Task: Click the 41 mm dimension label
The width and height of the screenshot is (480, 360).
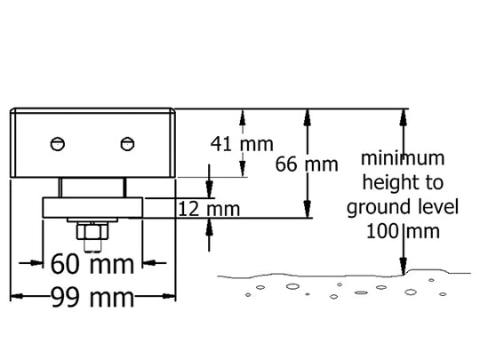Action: pyautogui.click(x=242, y=144)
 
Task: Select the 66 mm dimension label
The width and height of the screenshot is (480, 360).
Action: pyautogui.click(x=307, y=164)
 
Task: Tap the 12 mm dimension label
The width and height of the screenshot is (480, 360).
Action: pyautogui.click(x=209, y=209)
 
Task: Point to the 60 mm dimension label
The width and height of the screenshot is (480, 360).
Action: pyautogui.click(x=92, y=264)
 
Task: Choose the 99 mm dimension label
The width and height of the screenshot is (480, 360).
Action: pyautogui.click(x=92, y=297)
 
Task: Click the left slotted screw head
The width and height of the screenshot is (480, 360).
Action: pyautogui.click(x=58, y=144)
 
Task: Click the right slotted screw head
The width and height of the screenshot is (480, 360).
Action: pyautogui.click(x=127, y=144)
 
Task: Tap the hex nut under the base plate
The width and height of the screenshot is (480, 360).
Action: pyautogui.click(x=92, y=231)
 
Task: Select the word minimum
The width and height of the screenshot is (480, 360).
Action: pyautogui.click(x=403, y=158)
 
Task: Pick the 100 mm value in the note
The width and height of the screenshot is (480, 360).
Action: pyautogui.click(x=403, y=231)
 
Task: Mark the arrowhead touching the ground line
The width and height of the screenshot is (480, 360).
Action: pyautogui.click(x=404, y=267)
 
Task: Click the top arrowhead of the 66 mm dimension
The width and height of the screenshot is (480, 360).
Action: pyautogui.click(x=308, y=117)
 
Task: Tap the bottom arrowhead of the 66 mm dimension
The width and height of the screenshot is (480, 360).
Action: pyautogui.click(x=308, y=209)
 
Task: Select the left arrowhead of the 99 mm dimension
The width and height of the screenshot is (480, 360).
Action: pyautogui.click(x=17, y=296)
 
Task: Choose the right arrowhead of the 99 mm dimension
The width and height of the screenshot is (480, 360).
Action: pyautogui.click(x=169, y=296)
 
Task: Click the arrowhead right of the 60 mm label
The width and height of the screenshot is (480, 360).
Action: pyautogui.click(x=149, y=262)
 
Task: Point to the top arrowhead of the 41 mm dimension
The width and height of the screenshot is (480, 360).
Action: pyautogui.click(x=243, y=117)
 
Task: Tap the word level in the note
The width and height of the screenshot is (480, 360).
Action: pyautogui.click(x=444, y=206)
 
